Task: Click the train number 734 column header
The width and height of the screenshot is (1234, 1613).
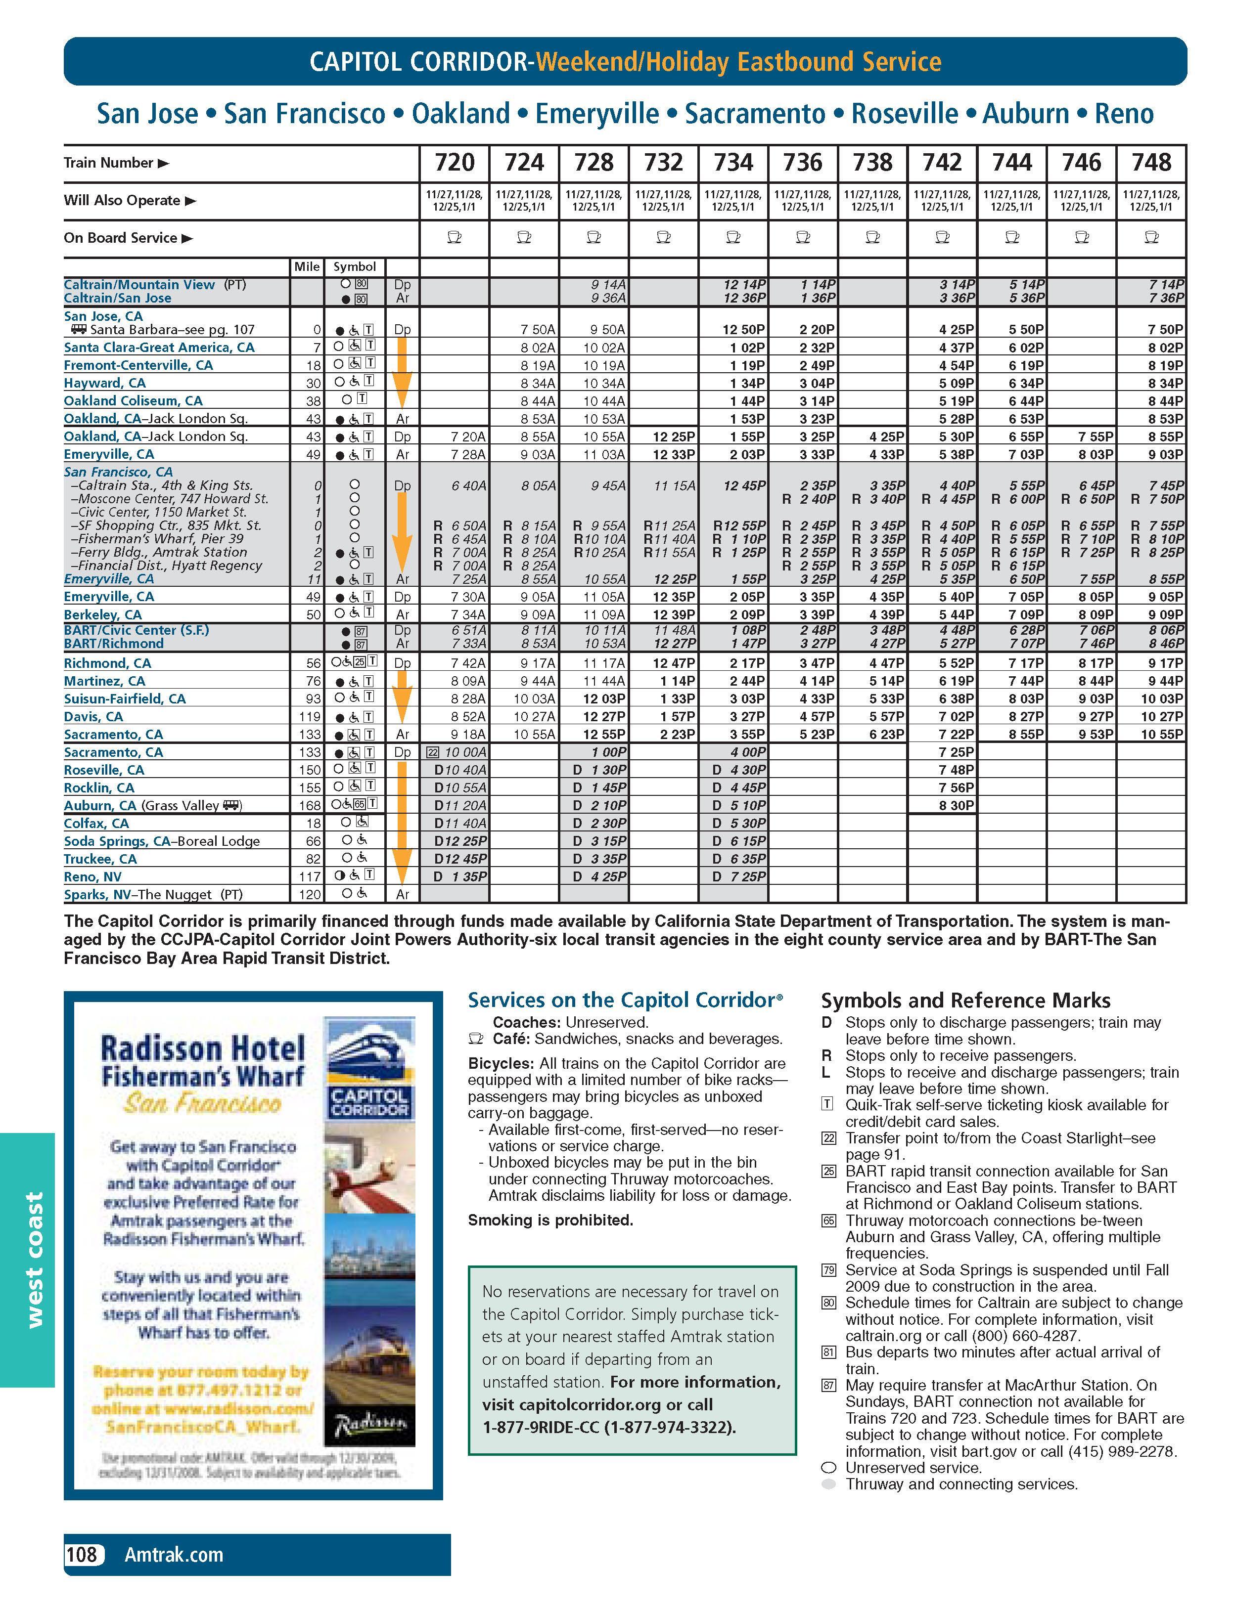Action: (x=733, y=162)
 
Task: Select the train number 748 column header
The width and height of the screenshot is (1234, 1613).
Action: (x=1151, y=162)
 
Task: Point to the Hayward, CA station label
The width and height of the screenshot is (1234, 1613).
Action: (x=104, y=383)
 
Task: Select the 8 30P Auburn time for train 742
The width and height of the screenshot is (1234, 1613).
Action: (x=957, y=805)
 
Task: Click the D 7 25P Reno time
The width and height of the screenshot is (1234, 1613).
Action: (x=739, y=876)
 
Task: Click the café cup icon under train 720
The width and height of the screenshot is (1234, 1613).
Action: (x=454, y=237)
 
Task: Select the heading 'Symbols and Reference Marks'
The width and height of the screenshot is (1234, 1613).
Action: (x=965, y=1001)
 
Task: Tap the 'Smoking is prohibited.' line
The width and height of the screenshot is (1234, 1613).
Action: (x=550, y=1220)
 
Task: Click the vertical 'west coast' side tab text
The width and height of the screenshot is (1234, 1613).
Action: (x=34, y=1260)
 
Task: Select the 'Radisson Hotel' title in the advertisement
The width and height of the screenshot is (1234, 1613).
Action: (x=203, y=1048)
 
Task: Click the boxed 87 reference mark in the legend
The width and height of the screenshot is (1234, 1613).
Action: (x=828, y=1386)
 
